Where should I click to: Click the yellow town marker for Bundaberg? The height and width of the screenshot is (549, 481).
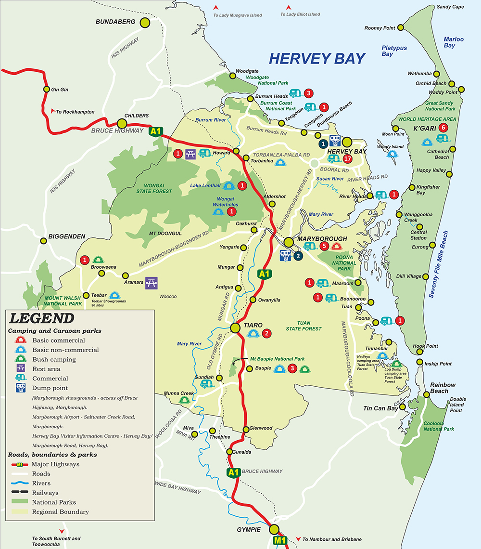coord(145,22)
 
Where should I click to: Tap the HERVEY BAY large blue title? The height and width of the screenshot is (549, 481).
coord(317,59)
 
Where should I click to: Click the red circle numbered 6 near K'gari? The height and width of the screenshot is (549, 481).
coord(443,128)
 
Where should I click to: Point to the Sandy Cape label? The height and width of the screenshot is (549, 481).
coord(450,7)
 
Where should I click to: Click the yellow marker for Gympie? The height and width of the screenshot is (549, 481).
coord(274,529)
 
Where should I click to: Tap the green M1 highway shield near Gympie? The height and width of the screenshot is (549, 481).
coord(281,541)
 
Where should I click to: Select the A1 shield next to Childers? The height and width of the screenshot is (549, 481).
coord(155,131)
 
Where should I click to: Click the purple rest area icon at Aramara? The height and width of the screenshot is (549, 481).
coord(152,283)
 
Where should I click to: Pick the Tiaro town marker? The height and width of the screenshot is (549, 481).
coord(235,328)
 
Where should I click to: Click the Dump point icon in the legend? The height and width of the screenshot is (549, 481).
coord(21,388)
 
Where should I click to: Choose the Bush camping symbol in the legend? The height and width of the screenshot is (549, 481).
coord(21,359)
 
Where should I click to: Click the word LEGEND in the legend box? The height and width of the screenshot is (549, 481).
coord(42,318)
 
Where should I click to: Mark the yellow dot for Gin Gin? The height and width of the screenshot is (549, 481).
coord(47,89)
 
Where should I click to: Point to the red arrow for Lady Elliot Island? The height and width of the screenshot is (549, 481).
coord(289,7)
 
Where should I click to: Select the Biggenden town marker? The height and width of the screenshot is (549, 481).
coord(43,241)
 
